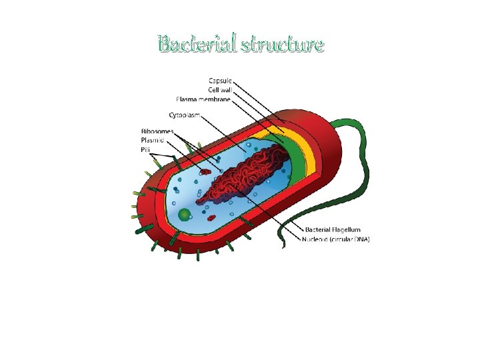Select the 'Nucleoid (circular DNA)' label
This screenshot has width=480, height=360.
[x=336, y=239]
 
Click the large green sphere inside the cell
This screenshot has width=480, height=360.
[x=185, y=215]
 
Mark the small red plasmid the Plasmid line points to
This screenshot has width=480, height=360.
[x=205, y=171]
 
